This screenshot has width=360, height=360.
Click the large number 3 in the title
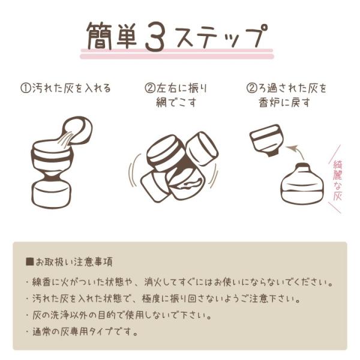point(155,36)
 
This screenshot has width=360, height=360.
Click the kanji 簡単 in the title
point(112,36)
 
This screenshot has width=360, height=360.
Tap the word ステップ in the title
point(220,35)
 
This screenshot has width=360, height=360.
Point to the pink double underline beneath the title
point(177,53)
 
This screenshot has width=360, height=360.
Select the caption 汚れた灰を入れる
point(71,88)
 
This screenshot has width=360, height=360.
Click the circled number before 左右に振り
point(149,88)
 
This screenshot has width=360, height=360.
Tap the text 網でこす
point(176,103)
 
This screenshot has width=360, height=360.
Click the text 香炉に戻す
point(284,103)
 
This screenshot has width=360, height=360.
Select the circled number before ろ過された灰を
point(251,88)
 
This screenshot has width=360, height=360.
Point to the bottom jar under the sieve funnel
point(51,194)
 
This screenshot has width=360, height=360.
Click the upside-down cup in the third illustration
point(267,140)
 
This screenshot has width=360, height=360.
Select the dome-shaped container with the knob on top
point(302,183)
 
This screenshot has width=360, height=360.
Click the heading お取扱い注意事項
point(74,262)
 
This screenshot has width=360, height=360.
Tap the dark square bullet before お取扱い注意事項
point(30,262)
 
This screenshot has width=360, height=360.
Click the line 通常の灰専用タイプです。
point(85,332)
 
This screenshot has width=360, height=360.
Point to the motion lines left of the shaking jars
point(134,170)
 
